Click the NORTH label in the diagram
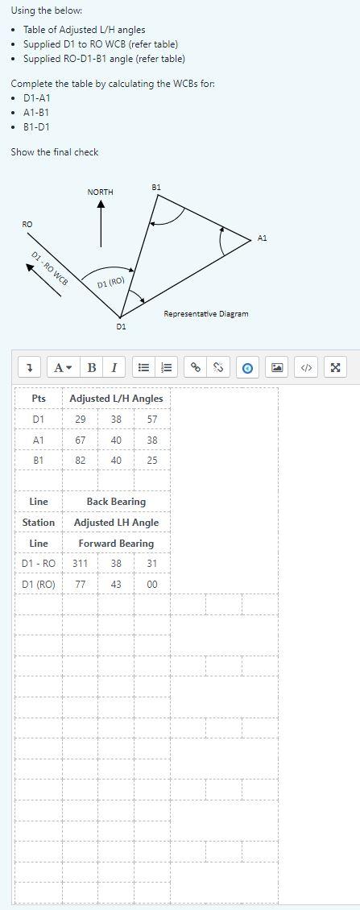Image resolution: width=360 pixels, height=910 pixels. point(101,192)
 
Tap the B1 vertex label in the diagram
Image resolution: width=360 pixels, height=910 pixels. point(156,187)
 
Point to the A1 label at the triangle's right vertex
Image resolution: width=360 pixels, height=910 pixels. point(263,238)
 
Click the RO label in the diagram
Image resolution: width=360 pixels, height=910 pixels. point(27,223)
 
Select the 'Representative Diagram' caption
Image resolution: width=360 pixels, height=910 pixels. point(206,313)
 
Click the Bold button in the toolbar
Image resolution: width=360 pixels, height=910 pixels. point(92,368)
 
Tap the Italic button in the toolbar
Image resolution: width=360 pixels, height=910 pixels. point(113,368)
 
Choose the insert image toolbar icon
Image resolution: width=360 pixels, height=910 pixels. point(277,368)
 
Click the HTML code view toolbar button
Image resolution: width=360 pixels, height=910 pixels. point(306,368)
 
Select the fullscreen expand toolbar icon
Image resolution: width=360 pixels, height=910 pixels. point(335,368)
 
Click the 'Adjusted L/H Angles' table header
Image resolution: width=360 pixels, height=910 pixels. point(116,399)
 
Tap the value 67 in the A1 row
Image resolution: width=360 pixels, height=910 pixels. point(81,441)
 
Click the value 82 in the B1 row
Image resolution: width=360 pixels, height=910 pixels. point(81,461)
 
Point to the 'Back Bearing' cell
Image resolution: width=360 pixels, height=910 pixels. point(116,502)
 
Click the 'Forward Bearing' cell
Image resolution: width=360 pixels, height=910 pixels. point(116,544)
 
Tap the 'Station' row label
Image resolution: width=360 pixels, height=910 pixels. point(39,523)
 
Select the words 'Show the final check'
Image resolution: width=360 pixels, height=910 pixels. point(55,151)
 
